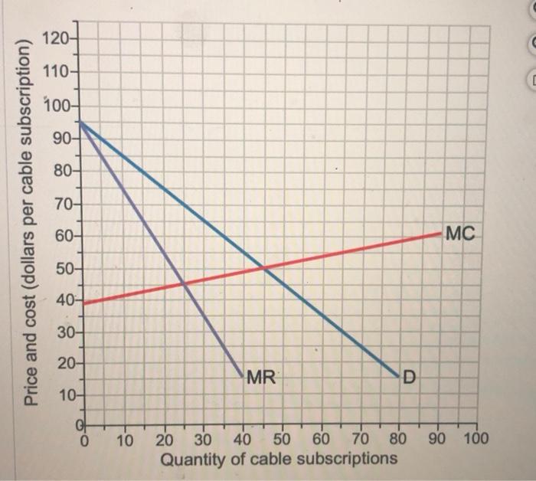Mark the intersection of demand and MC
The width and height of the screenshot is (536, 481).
263,267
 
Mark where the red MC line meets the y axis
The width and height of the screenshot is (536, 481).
83,303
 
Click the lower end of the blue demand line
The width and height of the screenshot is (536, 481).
399,377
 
